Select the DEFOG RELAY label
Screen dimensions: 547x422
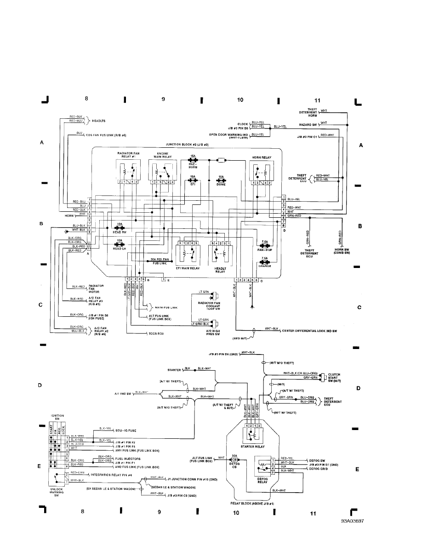pos(263,480)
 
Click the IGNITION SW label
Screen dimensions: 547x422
pos(54,417)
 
